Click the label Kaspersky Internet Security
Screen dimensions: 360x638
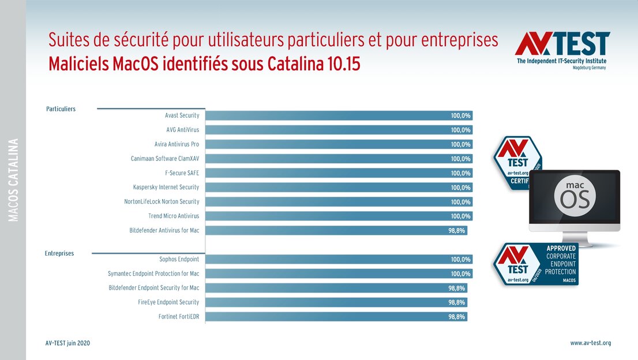[166, 187]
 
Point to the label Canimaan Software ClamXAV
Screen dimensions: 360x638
[165, 159]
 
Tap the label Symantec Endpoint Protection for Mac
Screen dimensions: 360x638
[153, 273]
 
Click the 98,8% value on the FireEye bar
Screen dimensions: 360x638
[457, 302]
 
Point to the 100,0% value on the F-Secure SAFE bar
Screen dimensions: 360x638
[461, 173]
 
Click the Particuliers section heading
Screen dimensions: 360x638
[61, 109]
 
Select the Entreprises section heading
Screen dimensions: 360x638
[59, 253]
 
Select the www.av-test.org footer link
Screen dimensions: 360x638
[590, 343]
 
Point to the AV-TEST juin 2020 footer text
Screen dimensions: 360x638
[67, 343]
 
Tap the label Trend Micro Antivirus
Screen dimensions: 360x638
[173, 216]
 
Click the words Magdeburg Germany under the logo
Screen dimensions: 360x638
[589, 67]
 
